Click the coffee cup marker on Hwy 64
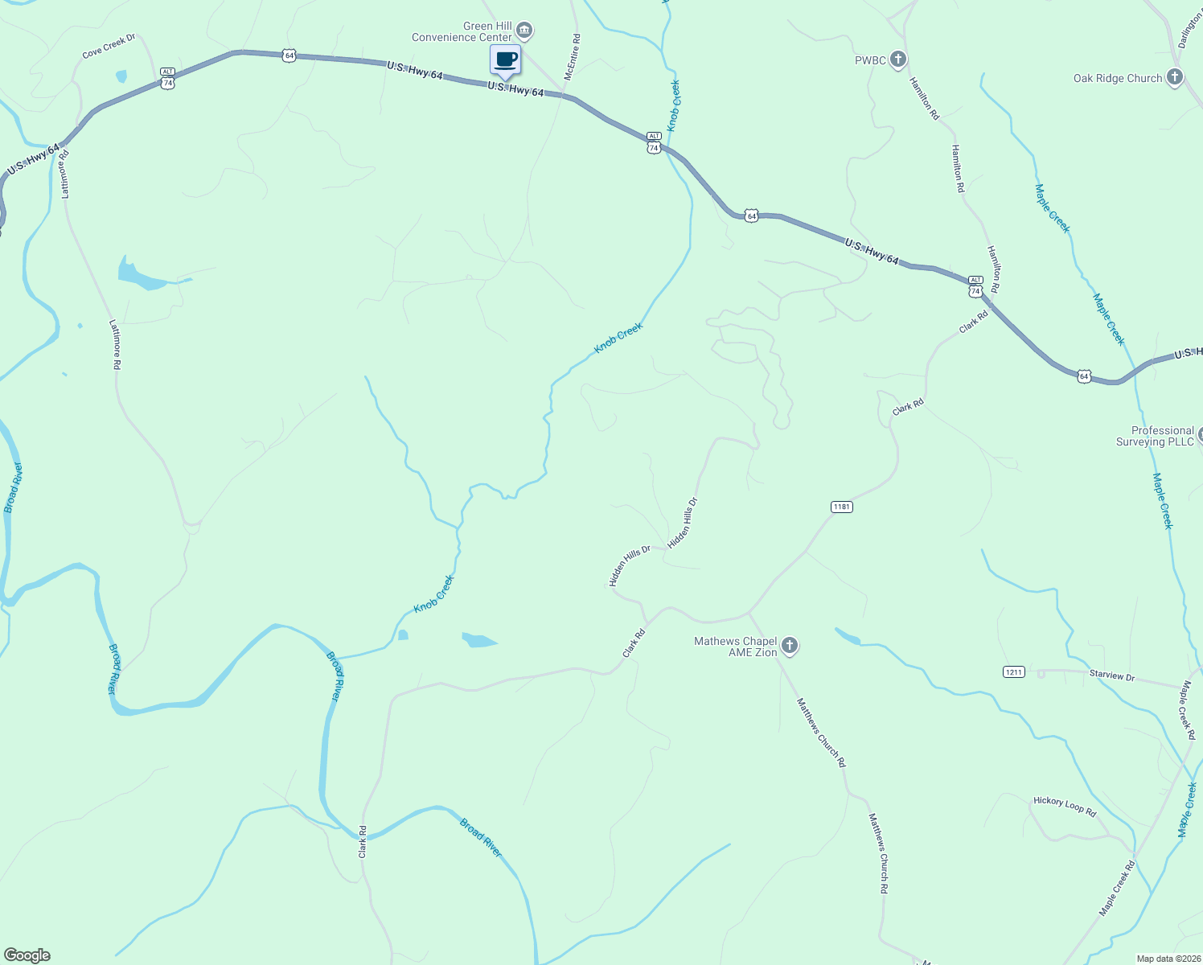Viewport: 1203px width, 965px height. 505,60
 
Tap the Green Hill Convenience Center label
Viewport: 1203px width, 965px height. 462,32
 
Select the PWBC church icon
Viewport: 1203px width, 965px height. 899,60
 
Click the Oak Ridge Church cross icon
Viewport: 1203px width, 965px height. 1174,77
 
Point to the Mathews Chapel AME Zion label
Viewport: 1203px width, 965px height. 736,647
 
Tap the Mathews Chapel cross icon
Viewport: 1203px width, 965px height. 790,646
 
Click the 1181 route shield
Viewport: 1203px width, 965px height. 841,507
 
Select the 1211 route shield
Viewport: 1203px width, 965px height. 1014,671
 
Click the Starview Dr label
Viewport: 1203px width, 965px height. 1112,676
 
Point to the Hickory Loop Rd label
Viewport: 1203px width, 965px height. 1065,806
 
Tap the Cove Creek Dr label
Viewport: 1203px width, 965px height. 109,47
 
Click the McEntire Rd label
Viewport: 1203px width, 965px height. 572,56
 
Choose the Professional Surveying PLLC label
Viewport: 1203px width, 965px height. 1156,436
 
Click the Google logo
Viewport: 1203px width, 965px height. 27,955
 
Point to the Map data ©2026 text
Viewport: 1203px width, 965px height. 1168,959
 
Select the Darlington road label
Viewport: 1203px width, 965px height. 1189,29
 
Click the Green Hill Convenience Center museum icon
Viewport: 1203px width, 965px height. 524,31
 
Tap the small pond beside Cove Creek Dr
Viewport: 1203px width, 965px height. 121,76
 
